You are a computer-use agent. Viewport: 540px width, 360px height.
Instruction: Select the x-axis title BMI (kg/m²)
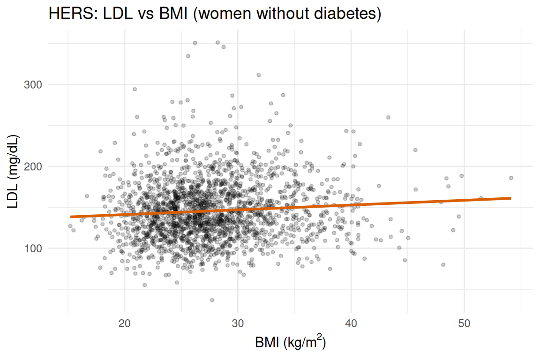290,342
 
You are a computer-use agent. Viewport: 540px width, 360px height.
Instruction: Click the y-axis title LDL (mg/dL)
13,172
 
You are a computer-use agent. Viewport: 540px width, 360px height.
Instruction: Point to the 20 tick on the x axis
124,323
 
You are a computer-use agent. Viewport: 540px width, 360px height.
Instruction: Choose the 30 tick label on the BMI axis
238,323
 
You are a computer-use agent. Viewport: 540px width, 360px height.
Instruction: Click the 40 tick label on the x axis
351,323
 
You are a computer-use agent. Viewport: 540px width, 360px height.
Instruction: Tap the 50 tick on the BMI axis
464,323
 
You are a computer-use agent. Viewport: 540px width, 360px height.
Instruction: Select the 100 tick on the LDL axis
33,248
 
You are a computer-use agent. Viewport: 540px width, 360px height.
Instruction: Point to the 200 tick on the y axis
33,166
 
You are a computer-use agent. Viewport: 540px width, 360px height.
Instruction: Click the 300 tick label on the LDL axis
33,85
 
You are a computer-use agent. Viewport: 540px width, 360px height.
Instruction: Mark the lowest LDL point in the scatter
212,300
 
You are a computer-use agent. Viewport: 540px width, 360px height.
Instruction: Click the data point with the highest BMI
511,178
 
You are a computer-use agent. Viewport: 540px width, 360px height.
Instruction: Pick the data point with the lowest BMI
70,226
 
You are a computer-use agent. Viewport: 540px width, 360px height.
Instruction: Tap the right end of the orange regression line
511,198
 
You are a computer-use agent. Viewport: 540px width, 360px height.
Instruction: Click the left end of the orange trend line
70,217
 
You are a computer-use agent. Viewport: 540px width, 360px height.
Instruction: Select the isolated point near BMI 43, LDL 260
389,118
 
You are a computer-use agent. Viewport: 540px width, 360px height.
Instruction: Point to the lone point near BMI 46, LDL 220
415,150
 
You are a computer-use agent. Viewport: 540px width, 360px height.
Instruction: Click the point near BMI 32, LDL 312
259,75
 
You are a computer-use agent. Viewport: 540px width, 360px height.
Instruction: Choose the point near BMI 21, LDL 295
135,89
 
